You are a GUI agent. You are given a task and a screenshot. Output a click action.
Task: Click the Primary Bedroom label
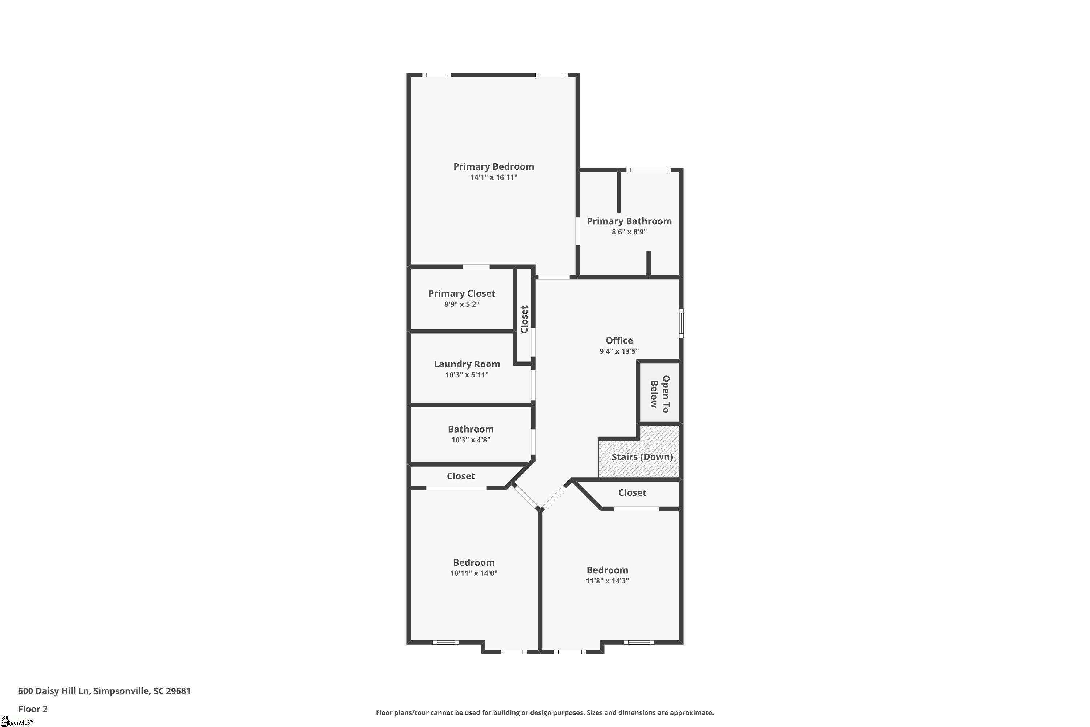pos(493,166)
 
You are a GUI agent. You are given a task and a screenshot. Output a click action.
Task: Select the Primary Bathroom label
pos(629,221)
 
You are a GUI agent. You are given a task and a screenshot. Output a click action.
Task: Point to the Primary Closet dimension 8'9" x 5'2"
pos(461,305)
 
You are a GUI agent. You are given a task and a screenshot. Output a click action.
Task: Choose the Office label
pos(619,340)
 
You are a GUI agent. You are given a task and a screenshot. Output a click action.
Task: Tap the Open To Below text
pos(660,394)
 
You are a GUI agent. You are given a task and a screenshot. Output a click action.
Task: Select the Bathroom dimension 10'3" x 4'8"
pos(471,440)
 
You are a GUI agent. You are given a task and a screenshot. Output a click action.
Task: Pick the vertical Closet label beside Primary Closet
pos(525,319)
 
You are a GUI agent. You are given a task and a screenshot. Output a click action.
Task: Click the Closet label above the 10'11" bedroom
pos(461,476)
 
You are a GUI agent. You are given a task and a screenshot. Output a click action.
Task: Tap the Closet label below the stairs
pos(632,493)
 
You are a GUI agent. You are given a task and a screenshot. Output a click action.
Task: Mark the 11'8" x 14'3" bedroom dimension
pos(607,581)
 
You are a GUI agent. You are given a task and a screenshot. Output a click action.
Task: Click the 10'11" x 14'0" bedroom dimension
pos(474,573)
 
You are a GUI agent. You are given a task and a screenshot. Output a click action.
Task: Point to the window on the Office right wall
pos(681,323)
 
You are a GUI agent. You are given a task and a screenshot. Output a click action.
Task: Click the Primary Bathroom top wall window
pos(648,170)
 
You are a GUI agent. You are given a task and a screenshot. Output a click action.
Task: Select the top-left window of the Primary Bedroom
pos(436,75)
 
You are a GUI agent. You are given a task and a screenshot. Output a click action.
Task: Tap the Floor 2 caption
pos(33,709)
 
